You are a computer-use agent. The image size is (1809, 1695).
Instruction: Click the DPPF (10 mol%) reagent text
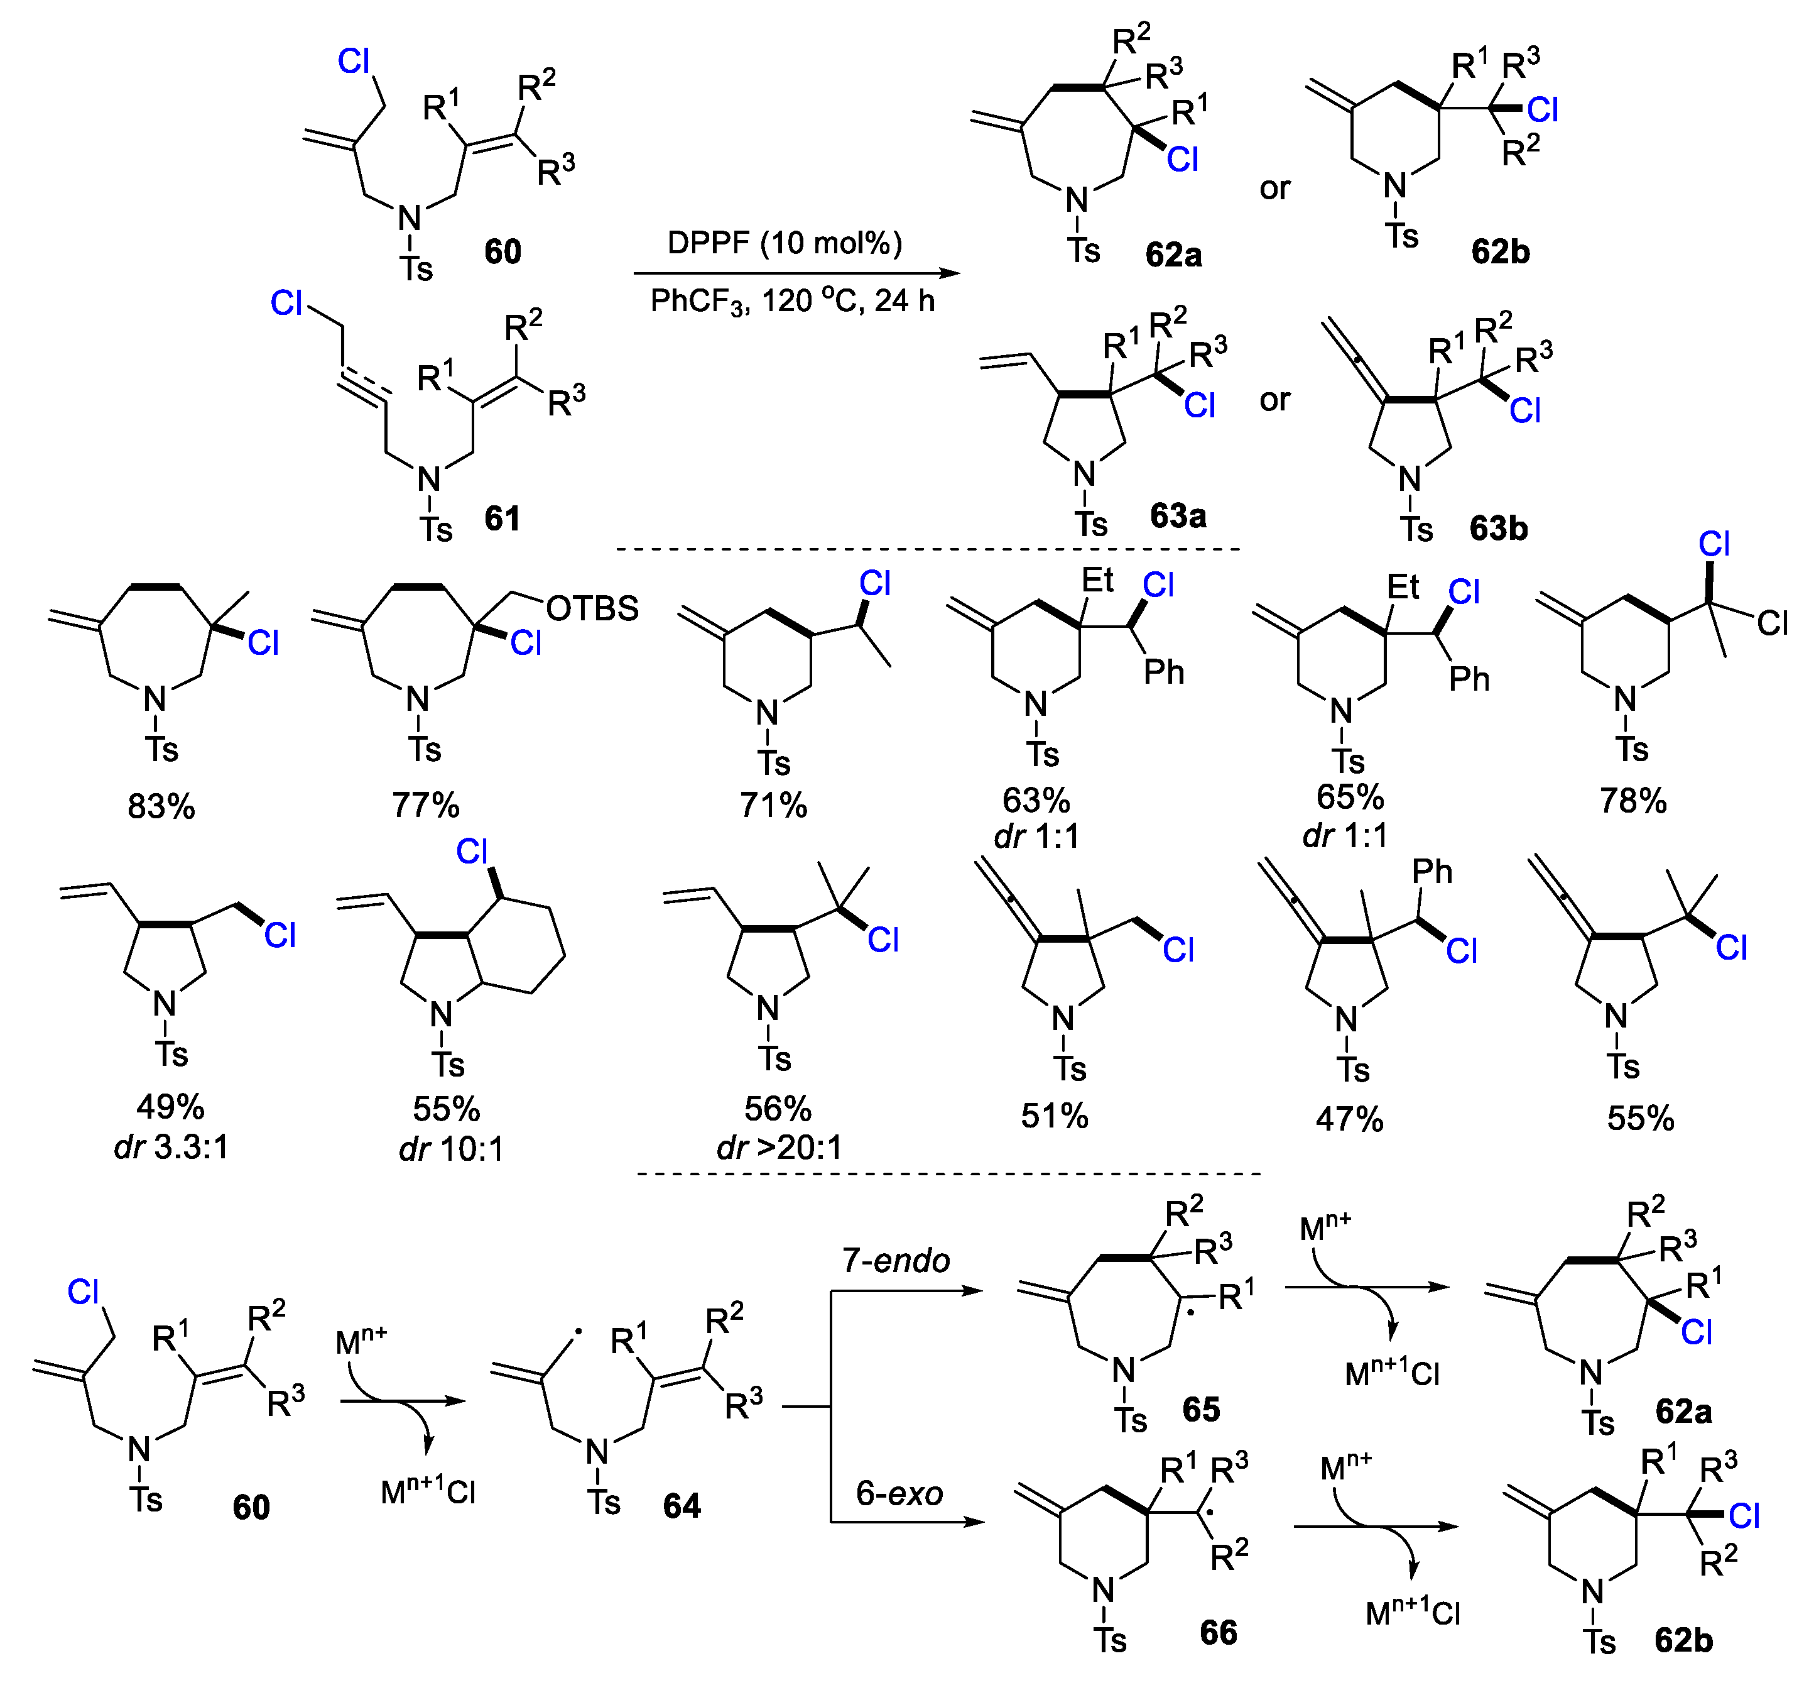(785, 243)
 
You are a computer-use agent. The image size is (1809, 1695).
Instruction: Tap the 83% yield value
(161, 806)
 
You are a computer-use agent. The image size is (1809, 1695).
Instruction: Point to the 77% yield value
(425, 804)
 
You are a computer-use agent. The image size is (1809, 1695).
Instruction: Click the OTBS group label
(592, 608)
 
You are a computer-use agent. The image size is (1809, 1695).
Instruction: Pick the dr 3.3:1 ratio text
(171, 1147)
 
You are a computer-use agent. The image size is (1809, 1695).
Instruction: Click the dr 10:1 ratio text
(452, 1149)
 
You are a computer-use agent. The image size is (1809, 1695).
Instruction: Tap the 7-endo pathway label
(896, 1261)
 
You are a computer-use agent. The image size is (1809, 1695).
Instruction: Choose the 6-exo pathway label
(899, 1494)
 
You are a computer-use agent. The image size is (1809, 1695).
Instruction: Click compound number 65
(1201, 1409)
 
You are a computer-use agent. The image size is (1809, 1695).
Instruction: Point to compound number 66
(1219, 1632)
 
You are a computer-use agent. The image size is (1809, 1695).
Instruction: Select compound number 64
(682, 1506)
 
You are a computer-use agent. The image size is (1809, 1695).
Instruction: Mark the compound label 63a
(1178, 516)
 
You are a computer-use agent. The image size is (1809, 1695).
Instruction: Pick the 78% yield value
(1633, 801)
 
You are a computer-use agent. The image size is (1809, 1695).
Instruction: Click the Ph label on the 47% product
(1432, 872)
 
